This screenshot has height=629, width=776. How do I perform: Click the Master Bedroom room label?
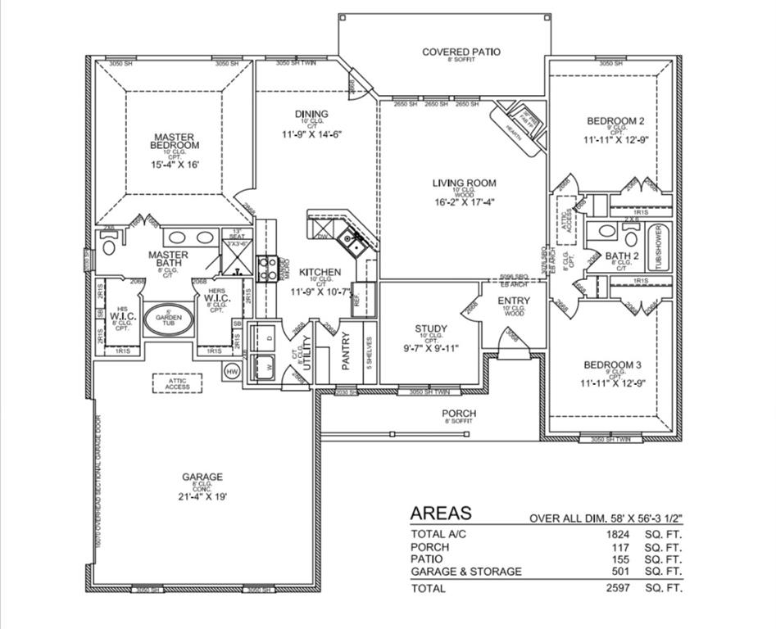click(x=174, y=142)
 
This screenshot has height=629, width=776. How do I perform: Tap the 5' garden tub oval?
click(x=170, y=319)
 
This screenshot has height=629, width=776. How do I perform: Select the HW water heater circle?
click(x=231, y=372)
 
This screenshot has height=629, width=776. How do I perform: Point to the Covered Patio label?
click(x=461, y=52)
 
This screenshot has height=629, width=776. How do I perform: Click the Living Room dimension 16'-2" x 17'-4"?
click(x=465, y=201)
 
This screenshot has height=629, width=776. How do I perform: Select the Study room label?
click(x=430, y=329)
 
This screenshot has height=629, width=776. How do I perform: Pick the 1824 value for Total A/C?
click(x=616, y=534)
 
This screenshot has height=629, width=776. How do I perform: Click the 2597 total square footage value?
click(x=616, y=588)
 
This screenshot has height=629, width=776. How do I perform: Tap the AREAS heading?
click(x=441, y=514)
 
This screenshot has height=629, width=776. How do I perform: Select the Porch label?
click(x=459, y=413)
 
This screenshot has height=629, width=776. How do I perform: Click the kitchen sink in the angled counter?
click(x=352, y=241)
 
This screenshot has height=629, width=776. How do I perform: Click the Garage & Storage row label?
click(x=465, y=572)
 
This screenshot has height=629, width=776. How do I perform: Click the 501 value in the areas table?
click(x=620, y=572)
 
